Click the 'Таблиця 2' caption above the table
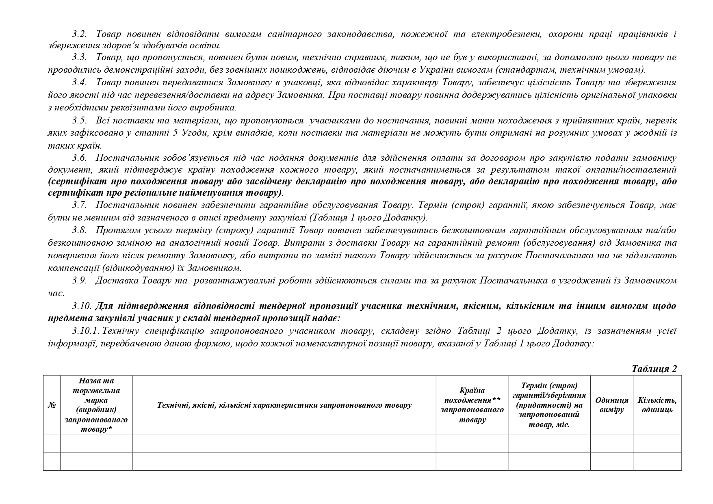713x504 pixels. pyautogui.click(x=654, y=369)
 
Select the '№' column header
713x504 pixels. pyautogui.click(x=52, y=405)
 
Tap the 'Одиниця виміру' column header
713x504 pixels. pyautogui.click(x=611, y=405)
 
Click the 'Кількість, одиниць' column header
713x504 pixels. pyautogui.click(x=657, y=405)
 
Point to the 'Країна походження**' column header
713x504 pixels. pyautogui.click(x=472, y=405)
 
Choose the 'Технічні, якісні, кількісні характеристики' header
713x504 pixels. pyautogui.click(x=284, y=405)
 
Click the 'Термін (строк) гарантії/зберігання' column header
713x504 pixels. pyautogui.click(x=549, y=405)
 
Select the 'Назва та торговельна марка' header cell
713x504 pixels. pyautogui.click(x=96, y=405)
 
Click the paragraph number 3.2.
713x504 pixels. pyautogui.click(x=80, y=34)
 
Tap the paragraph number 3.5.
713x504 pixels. pyautogui.click(x=80, y=121)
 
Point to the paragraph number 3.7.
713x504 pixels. pyautogui.click(x=80, y=205)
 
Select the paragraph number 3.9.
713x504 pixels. pyautogui.click(x=80, y=281)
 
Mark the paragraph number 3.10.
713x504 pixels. pyautogui.click(x=82, y=306)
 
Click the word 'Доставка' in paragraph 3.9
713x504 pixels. pyautogui.click(x=113, y=281)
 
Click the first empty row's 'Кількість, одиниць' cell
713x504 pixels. pyautogui.click(x=657, y=443)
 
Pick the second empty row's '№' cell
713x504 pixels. pyautogui.click(x=52, y=461)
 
